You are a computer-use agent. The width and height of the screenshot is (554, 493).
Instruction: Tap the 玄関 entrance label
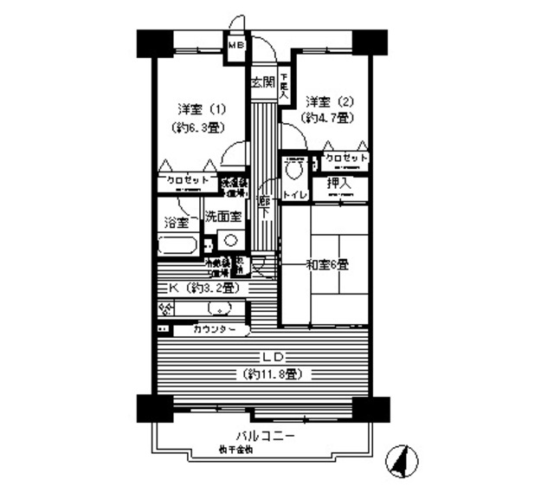pyautogui.click(x=263, y=84)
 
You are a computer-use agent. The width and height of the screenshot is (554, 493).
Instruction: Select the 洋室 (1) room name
pyautogui.click(x=201, y=109)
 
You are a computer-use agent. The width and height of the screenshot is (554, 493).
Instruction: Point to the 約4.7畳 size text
pyautogui.click(x=325, y=117)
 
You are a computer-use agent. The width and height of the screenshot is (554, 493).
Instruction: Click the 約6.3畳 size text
pyautogui.click(x=201, y=126)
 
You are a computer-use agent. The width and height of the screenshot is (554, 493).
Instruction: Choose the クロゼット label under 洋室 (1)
pyautogui.click(x=186, y=181)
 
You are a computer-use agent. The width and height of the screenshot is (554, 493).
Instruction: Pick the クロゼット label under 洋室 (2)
pyautogui.click(x=345, y=159)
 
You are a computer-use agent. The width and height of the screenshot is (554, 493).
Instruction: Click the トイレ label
pyautogui.click(x=295, y=196)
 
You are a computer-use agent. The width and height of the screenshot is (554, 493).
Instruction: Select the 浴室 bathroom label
pyautogui.click(x=177, y=223)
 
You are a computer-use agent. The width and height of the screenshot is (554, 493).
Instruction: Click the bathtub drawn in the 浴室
pyautogui.click(x=178, y=244)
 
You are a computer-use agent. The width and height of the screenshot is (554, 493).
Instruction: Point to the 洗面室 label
pyautogui.click(x=223, y=216)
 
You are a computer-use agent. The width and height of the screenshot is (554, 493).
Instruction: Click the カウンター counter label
pyautogui.click(x=215, y=329)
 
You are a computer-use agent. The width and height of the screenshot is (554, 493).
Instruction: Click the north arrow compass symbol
pyautogui.click(x=401, y=460)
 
